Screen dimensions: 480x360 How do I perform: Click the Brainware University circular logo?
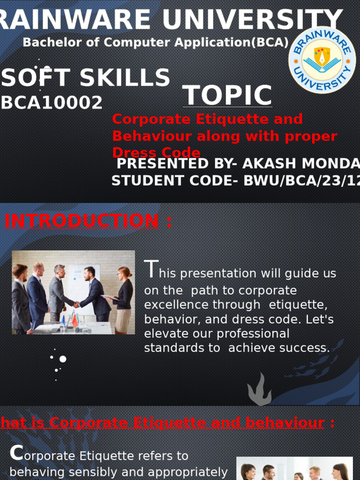[x=322, y=60]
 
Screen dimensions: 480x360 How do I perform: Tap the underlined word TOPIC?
[x=227, y=95]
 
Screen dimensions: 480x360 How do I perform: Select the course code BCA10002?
[x=52, y=103]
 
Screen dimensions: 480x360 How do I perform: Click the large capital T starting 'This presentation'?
[x=150, y=270]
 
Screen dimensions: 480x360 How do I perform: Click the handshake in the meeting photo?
[x=76, y=305]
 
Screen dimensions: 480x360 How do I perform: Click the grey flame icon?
[x=260, y=390]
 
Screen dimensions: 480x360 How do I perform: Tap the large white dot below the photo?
[x=62, y=359]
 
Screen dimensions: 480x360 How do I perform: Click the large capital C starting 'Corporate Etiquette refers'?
[x=16, y=453]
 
